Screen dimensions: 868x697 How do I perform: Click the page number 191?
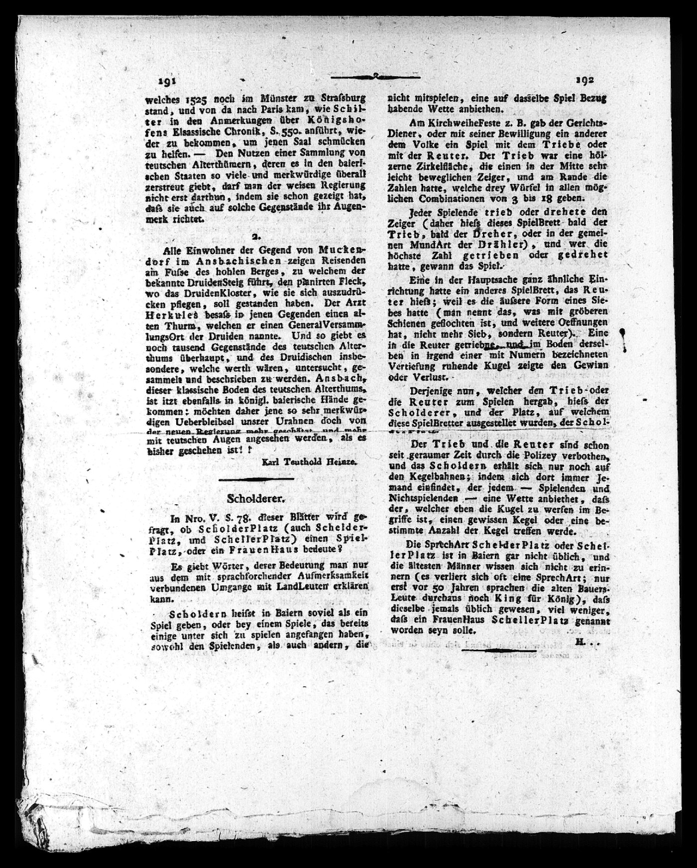click(x=168, y=81)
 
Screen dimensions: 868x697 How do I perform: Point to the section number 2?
click(x=254, y=237)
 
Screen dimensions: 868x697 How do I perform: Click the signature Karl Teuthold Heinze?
click(x=309, y=462)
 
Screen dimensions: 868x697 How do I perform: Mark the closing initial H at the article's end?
click(x=580, y=643)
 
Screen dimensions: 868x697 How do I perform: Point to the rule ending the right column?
click(x=499, y=650)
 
